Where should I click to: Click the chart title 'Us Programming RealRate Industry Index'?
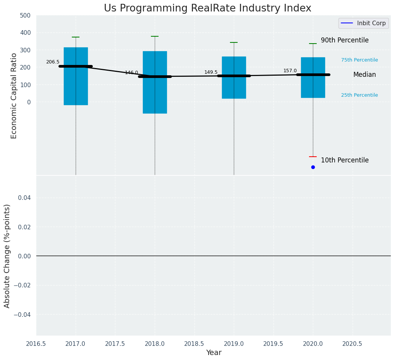pyautogui.click(x=207, y=8)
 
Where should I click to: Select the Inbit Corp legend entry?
pyautogui.click(x=363, y=23)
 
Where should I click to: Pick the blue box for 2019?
pyautogui.click(x=234, y=88)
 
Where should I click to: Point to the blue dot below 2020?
pyautogui.click(x=313, y=167)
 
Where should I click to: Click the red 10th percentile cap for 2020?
pyautogui.click(x=313, y=157)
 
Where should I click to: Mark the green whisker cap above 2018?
pyautogui.click(x=155, y=36)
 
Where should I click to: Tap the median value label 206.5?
pyautogui.click(x=53, y=62)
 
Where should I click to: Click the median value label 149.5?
pyautogui.click(x=211, y=72)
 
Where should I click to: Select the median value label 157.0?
pyautogui.click(x=290, y=71)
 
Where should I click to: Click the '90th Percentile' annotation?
pyautogui.click(x=345, y=40)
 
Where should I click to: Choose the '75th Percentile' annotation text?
pyautogui.click(x=359, y=60)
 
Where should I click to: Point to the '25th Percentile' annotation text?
pyautogui.click(x=359, y=95)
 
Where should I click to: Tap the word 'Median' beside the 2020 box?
pyautogui.click(x=364, y=75)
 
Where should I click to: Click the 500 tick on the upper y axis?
pyautogui.click(x=25, y=15)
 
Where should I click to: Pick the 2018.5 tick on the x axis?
pyautogui.click(x=194, y=344)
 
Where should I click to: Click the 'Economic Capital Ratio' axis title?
pyautogui.click(x=14, y=96)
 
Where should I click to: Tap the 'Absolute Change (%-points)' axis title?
pyautogui.click(x=7, y=256)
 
